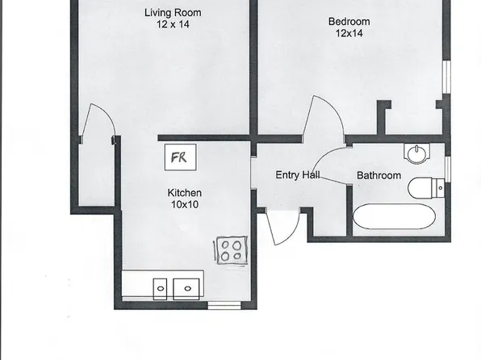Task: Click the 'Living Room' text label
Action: tap(173, 12)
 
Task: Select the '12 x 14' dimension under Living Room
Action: tap(173, 25)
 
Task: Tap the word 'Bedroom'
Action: tap(349, 21)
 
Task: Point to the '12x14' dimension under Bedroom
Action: tap(349, 34)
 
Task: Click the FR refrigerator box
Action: tap(178, 157)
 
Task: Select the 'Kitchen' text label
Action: tap(184, 193)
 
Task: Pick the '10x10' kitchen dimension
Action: tap(184, 205)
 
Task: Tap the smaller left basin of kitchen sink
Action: tap(161, 287)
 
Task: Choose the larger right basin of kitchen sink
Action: tap(188, 287)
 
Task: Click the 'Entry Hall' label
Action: tap(299, 175)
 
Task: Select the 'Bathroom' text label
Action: tap(379, 175)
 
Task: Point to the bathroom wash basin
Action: tap(417, 153)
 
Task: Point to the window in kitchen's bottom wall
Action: tap(224, 306)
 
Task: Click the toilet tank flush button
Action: tap(440, 189)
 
